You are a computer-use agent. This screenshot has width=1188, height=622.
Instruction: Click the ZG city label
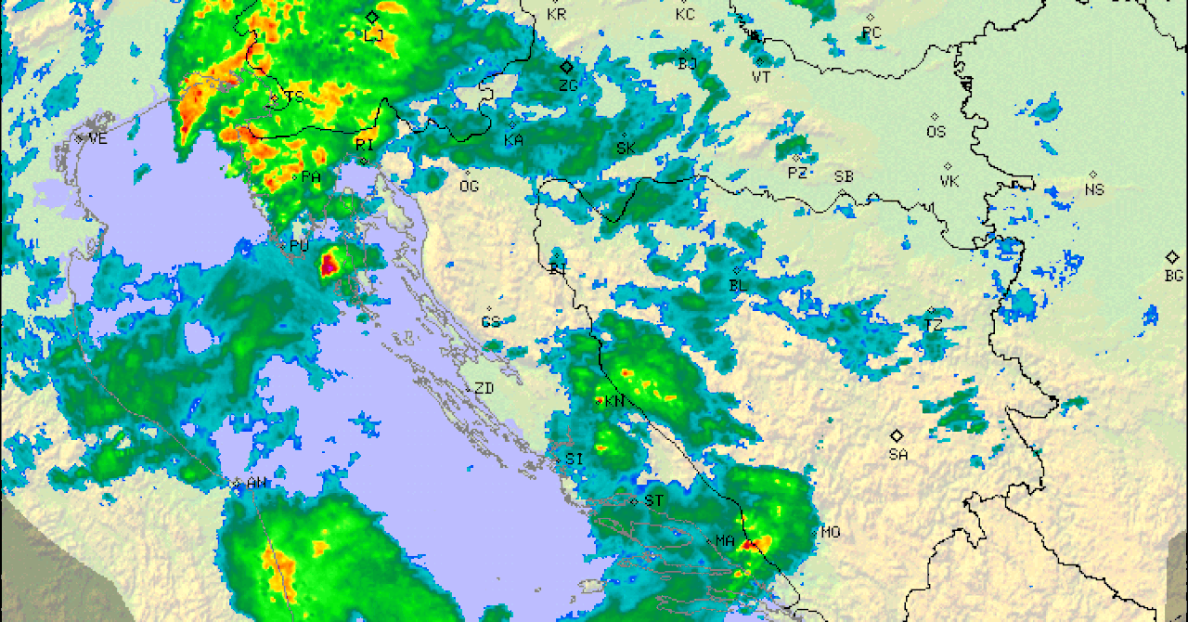tap(568, 84)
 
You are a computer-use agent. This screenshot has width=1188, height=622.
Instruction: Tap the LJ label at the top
tap(374, 35)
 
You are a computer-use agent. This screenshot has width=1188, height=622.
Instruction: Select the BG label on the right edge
tap(1173, 276)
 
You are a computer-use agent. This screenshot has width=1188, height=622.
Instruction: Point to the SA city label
tap(897, 454)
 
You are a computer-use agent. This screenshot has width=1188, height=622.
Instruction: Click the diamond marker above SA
tap(897, 435)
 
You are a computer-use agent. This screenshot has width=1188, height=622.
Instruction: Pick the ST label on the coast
tap(654, 501)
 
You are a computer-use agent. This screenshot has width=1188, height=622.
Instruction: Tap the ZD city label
tap(484, 389)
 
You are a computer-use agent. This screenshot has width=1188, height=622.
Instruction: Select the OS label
tap(936, 132)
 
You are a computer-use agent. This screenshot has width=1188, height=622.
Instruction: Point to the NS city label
tap(1094, 189)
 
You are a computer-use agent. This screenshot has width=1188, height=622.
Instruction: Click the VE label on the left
tap(97, 139)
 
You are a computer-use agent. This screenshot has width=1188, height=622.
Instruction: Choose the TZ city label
tap(933, 325)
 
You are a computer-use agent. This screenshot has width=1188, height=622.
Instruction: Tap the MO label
tap(830, 533)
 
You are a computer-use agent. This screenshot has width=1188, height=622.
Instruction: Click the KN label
tap(614, 402)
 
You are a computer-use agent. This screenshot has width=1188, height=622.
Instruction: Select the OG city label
tap(469, 186)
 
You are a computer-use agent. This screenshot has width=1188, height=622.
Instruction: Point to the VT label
tap(761, 77)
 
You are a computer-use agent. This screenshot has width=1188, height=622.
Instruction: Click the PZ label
tap(797, 173)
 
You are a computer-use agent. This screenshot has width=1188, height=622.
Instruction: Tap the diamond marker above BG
tap(1172, 257)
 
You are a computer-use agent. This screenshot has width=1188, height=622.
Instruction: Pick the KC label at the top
tap(685, 14)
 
